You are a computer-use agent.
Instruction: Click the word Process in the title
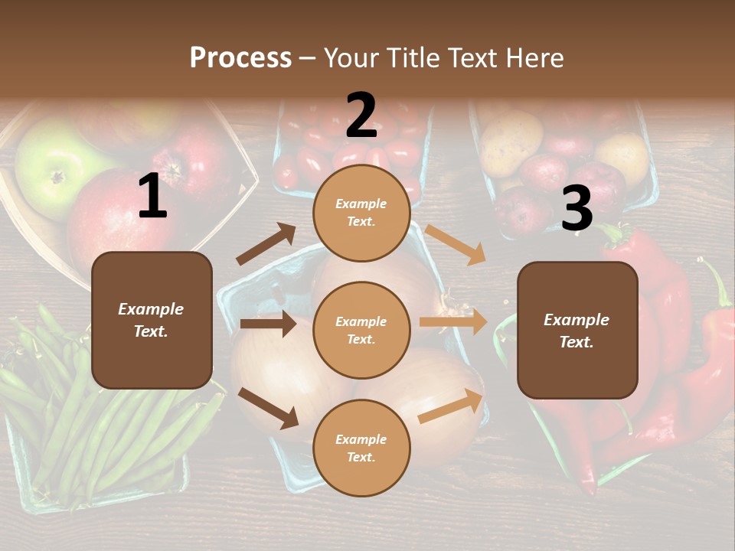(x=240, y=57)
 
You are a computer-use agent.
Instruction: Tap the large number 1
(x=152, y=197)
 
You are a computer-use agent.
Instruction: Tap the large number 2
(x=361, y=116)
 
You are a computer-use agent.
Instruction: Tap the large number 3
(x=577, y=209)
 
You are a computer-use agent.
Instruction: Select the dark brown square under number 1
(x=152, y=320)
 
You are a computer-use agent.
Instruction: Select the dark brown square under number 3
(x=577, y=330)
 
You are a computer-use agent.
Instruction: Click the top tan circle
(x=361, y=213)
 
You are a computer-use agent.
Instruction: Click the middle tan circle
(x=361, y=330)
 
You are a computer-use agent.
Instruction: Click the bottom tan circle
(x=361, y=448)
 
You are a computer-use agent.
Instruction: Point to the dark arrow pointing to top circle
(x=266, y=244)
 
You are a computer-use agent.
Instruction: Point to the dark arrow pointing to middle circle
(x=268, y=324)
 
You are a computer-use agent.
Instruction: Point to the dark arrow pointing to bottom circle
(x=269, y=408)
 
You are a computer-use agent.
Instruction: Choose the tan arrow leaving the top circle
(x=456, y=244)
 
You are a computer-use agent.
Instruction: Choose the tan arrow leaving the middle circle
(x=453, y=322)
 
